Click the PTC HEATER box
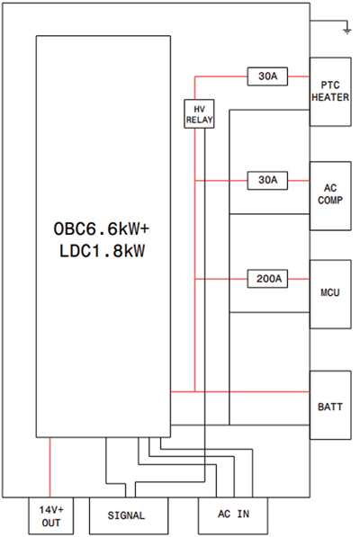coord(330,92)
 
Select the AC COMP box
coord(330,196)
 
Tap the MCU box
coord(330,294)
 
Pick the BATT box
coord(330,405)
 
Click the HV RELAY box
coord(200,114)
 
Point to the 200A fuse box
coord(267,279)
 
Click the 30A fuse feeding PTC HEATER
coord(267,76)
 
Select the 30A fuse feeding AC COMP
coord(267,181)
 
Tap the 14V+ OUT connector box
coord(51,516)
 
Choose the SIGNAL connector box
coord(129,515)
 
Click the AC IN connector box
coord(233,515)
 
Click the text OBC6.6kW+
coord(102,228)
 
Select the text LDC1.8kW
coord(102,251)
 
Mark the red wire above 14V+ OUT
coord(50,468)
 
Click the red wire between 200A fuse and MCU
coord(299,279)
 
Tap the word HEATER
coord(330,97)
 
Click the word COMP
coord(330,200)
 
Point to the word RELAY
coord(200,120)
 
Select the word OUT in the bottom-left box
coord(51,523)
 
